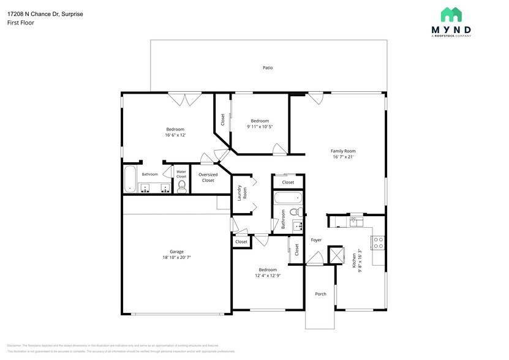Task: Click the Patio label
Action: click(268, 67)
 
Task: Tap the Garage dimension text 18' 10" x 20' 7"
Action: click(176, 257)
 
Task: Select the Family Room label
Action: click(343, 151)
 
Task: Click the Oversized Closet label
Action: click(208, 178)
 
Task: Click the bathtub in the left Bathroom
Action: click(130, 180)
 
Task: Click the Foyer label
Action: click(316, 240)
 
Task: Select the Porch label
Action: click(320, 294)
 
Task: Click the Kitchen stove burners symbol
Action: click(378, 242)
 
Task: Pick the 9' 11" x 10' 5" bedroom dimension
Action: click(260, 127)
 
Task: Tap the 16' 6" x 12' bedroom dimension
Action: click(175, 135)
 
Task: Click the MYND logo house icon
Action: click(451, 14)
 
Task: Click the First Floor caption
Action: click(20, 23)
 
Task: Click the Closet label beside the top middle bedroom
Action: click(222, 120)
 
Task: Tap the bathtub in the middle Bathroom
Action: click(287, 198)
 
